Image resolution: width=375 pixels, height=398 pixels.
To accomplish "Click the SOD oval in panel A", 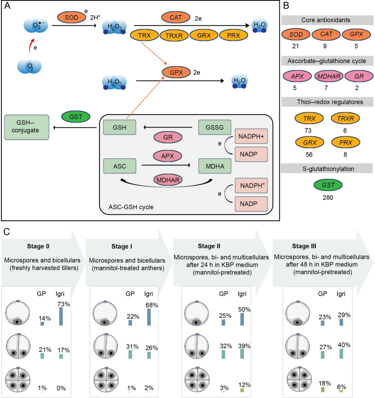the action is [x=71, y=18].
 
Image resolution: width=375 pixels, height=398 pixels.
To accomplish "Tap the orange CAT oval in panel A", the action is [x=176, y=18].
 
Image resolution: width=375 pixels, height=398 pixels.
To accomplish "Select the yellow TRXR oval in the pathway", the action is [x=174, y=36].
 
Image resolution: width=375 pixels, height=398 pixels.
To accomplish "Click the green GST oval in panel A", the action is [x=76, y=117].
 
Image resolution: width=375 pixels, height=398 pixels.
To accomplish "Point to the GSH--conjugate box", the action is [x=27, y=127].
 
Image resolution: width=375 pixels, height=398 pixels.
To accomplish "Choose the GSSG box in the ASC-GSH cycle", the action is [x=214, y=127].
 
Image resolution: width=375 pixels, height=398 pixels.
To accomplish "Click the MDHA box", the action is [x=215, y=166].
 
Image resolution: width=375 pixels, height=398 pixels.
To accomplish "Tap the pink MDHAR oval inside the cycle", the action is [x=168, y=180].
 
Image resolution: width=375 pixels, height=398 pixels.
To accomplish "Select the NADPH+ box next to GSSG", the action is [x=251, y=136].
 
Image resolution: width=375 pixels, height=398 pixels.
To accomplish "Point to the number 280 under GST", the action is [x=328, y=198].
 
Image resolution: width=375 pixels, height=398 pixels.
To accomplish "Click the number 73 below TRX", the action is [x=308, y=130].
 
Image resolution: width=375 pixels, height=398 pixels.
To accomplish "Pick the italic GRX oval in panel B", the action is [x=310, y=143].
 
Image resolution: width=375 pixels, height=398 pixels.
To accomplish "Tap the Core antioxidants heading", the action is [x=326, y=20].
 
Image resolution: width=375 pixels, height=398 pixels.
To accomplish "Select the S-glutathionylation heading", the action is [x=328, y=169].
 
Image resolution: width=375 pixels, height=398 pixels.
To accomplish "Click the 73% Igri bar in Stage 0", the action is [x=61, y=317].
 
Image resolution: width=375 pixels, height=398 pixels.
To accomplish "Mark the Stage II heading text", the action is [x=209, y=246].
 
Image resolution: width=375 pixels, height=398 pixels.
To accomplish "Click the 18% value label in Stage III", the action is [x=325, y=383].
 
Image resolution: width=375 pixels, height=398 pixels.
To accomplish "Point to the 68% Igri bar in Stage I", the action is [x=149, y=317].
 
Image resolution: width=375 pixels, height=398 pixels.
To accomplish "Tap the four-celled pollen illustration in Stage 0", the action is [x=18, y=380].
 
